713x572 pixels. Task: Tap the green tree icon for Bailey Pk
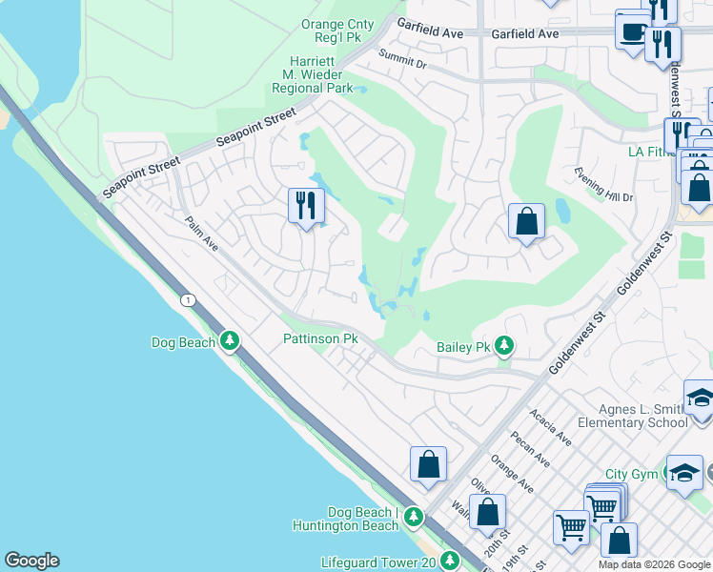click(x=505, y=347)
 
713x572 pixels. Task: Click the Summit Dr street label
click(x=401, y=59)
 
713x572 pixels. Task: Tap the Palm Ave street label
click(x=202, y=235)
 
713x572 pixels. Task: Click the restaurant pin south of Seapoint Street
click(x=306, y=206)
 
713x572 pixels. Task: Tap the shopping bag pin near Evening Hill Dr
click(x=526, y=222)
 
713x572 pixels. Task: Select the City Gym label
click(x=631, y=475)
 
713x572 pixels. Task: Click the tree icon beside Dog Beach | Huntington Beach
click(x=413, y=518)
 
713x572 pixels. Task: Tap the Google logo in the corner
click(x=31, y=561)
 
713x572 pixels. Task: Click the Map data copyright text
click(x=654, y=564)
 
